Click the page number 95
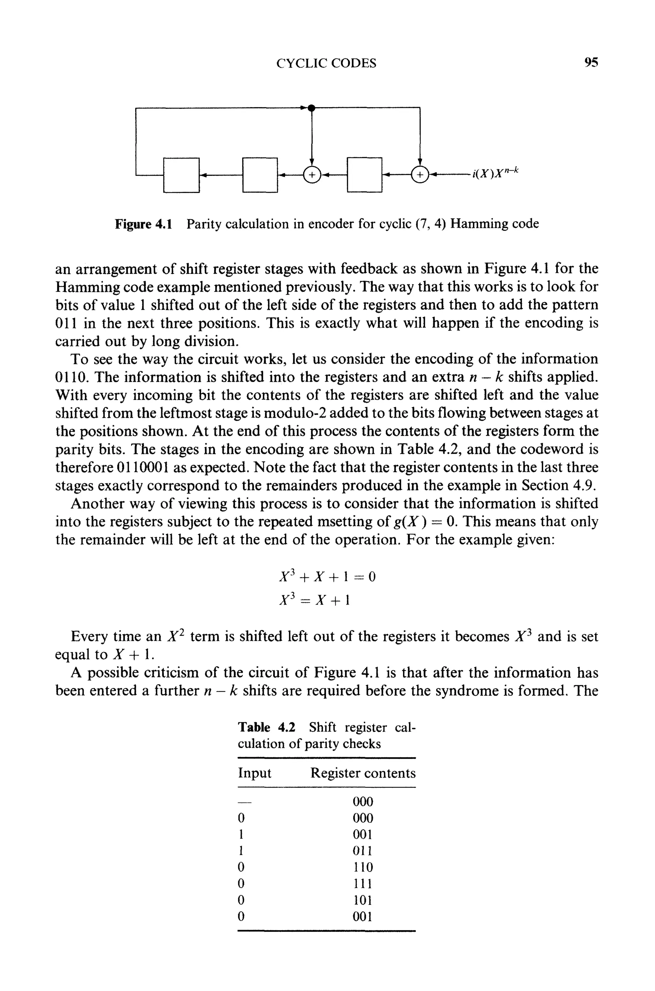pos(591,63)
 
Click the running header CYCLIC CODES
pos(326,63)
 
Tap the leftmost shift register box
pos(181,175)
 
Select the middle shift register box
pos(260,175)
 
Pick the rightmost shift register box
pos(365,175)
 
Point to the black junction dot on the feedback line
pos(311,108)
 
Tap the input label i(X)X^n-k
pos(495,172)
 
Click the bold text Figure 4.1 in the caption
pos(143,224)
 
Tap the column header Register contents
pos(363,773)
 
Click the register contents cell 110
pos(363,867)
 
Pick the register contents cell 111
pos(363,883)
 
